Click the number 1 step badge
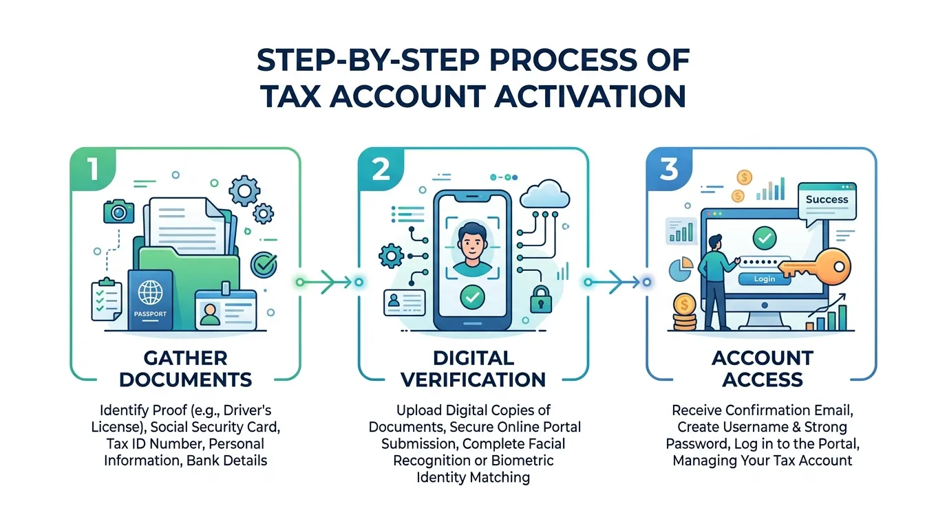tap(93, 169)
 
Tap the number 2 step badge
tap(381, 169)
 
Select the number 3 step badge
tap(669, 169)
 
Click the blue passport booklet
tap(150, 300)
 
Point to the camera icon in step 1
tap(119, 212)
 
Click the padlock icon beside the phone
tap(541, 299)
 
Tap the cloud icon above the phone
tap(545, 195)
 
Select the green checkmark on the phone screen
tap(472, 297)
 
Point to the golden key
tap(813, 266)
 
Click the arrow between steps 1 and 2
tap(329, 282)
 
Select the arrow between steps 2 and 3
tap(617, 282)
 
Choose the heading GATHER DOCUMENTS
tap(186, 368)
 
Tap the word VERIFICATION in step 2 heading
tap(473, 379)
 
